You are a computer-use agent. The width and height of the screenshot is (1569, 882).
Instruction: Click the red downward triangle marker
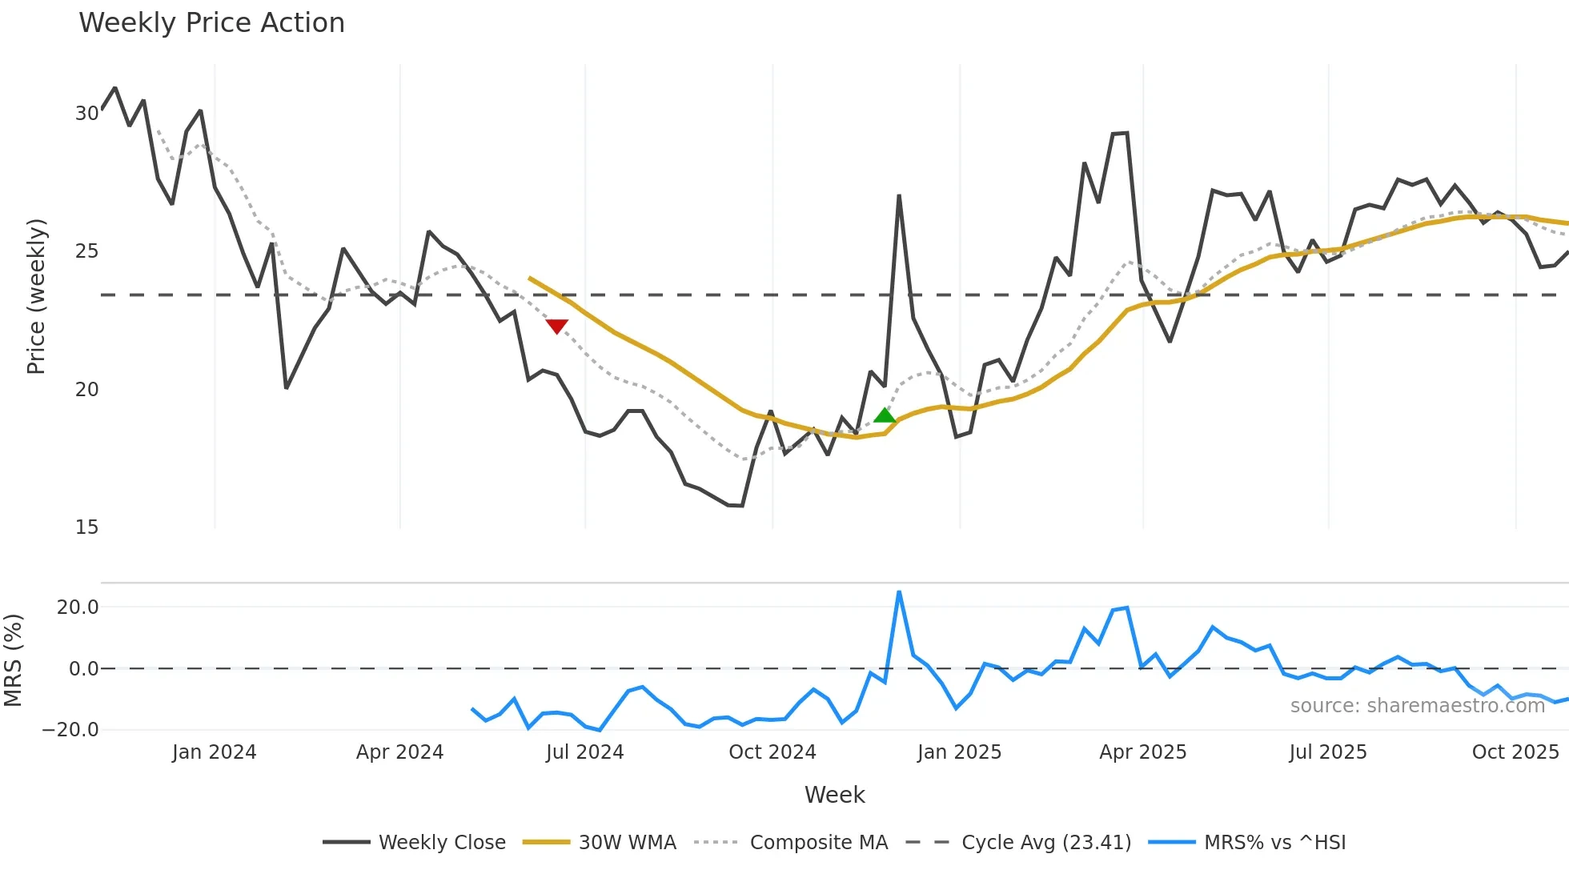556,326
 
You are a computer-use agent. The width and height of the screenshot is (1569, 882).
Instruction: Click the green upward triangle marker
885,415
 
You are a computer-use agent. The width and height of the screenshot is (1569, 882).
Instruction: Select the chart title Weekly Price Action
211,22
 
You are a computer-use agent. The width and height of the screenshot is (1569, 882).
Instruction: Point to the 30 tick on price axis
86,114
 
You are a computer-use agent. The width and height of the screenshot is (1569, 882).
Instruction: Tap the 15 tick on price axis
86,527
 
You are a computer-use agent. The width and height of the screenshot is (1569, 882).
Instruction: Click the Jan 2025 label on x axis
959,752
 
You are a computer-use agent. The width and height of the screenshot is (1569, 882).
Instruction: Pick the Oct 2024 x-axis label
772,752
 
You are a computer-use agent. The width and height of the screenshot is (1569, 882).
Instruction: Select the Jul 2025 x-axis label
1327,752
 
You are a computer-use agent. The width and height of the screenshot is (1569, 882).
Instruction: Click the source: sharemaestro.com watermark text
1417,706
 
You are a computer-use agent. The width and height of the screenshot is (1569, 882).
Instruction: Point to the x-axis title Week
834,795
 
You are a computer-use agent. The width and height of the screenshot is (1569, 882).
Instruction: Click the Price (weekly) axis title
36,296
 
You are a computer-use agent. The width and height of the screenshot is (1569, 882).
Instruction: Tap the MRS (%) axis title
13,660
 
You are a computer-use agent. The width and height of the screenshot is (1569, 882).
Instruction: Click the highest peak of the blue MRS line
899,592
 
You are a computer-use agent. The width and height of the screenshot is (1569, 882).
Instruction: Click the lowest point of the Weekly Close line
742,506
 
